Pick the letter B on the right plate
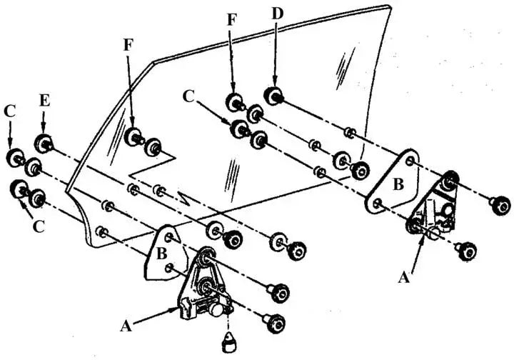[399, 184]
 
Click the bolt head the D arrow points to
[273, 94]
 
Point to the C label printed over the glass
[188, 95]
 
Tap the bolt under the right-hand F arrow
[234, 102]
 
